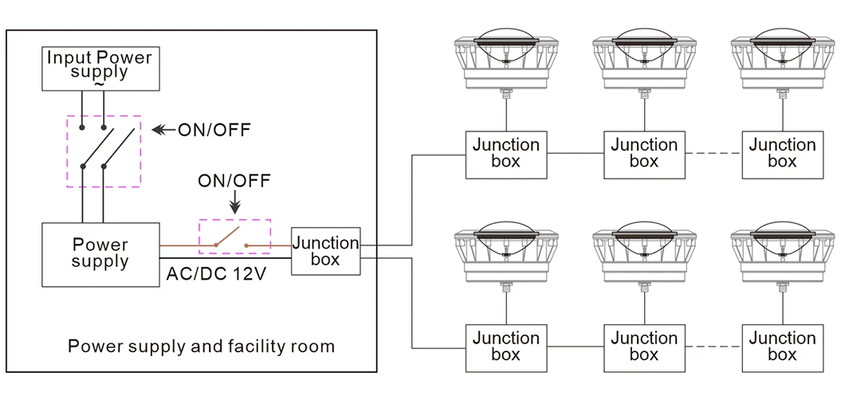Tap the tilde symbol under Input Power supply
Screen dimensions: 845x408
click(x=99, y=84)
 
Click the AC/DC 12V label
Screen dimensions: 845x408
click(x=215, y=274)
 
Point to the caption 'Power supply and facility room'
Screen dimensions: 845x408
click(x=201, y=346)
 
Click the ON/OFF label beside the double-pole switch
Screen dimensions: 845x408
click(x=214, y=130)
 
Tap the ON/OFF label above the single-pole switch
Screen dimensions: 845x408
click(x=234, y=181)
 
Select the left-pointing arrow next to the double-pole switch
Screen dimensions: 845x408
click(x=164, y=129)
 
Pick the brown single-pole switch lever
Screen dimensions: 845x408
click(x=227, y=237)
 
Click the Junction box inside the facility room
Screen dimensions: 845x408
click(x=325, y=251)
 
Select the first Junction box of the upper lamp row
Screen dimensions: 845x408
click(x=506, y=155)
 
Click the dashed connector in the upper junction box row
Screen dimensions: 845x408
click(x=713, y=154)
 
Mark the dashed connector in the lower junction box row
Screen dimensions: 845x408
click(x=713, y=347)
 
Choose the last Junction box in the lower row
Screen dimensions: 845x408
click(x=783, y=348)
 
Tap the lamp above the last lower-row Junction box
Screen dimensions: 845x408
click(x=783, y=256)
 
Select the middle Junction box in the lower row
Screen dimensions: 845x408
click(x=645, y=348)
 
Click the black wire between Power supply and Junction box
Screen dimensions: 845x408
click(x=226, y=258)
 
